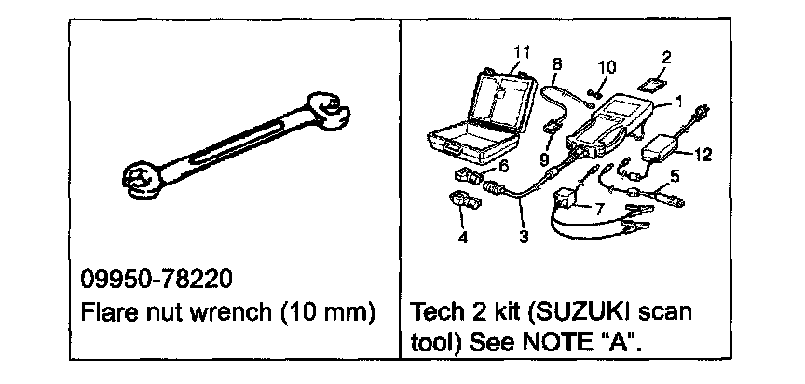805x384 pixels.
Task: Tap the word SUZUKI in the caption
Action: pos(595,309)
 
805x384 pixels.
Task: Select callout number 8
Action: pos(557,64)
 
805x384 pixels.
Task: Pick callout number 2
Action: pos(665,58)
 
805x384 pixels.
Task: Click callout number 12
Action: pos(703,155)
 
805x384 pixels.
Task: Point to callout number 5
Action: pos(675,173)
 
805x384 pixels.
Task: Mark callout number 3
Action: pos(524,238)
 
